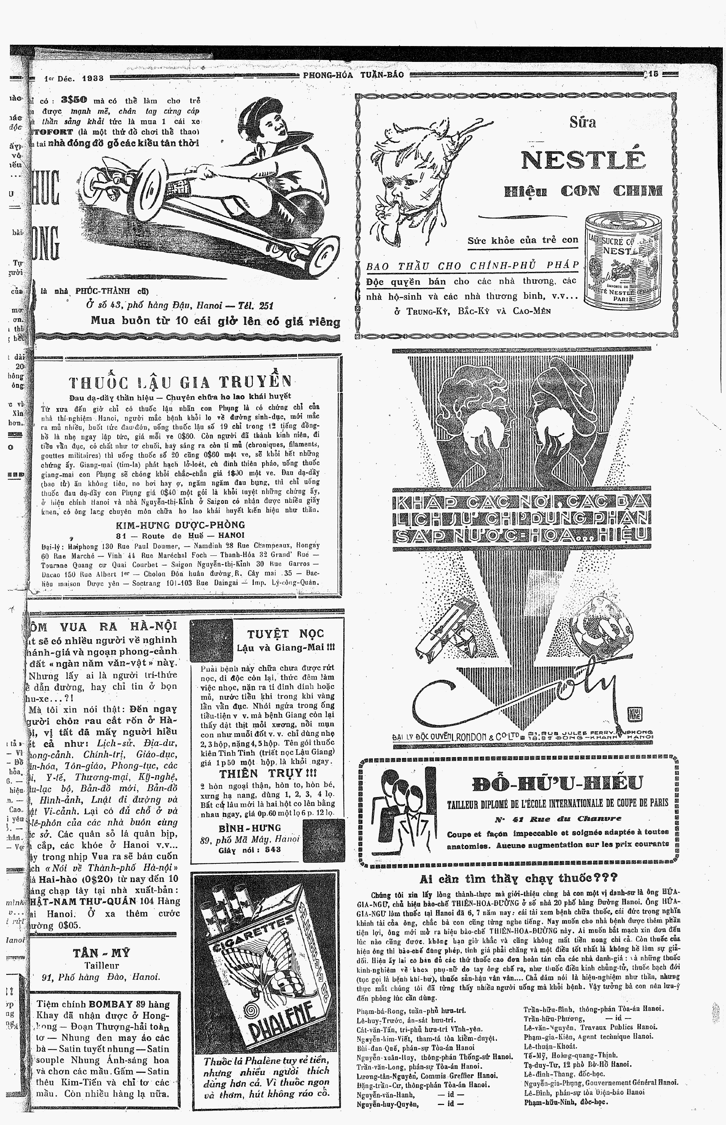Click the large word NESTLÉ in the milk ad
pyautogui.click(x=583, y=161)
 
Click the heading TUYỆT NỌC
pyautogui.click(x=285, y=633)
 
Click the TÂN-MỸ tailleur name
pyautogui.click(x=102, y=953)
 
